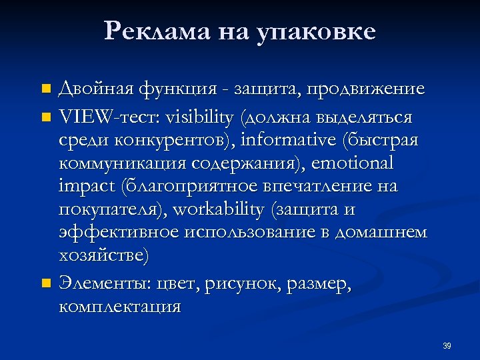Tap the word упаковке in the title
pyautogui.click(x=316, y=31)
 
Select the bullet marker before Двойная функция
pyautogui.click(x=45, y=89)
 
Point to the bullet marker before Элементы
pyautogui.click(x=45, y=284)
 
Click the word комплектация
pyautogui.click(x=119, y=307)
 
